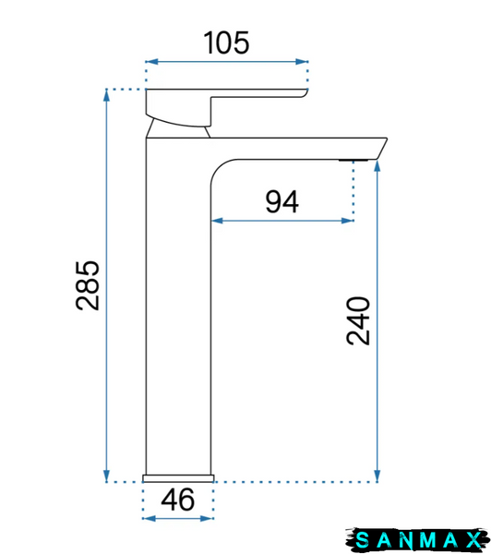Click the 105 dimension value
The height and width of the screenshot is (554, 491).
click(x=226, y=42)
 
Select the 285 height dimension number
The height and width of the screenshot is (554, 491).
click(x=88, y=285)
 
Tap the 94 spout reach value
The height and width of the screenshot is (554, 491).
click(x=281, y=201)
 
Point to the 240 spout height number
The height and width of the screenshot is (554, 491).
click(x=358, y=320)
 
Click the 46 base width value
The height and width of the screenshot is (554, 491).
click(x=178, y=500)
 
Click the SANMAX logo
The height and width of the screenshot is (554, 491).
click(x=417, y=539)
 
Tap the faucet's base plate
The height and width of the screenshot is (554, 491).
click(x=178, y=478)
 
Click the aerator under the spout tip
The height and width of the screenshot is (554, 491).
click(x=353, y=161)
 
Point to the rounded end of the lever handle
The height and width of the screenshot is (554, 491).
click(x=305, y=93)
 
